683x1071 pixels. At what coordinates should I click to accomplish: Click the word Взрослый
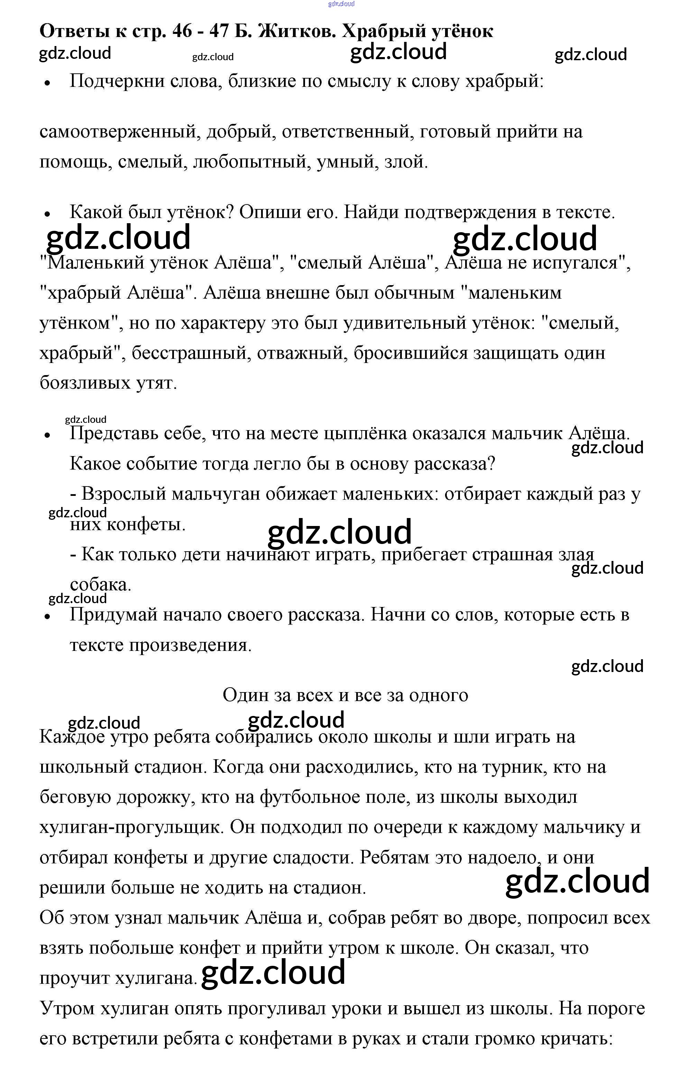124,494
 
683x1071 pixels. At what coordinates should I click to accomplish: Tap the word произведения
190,645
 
